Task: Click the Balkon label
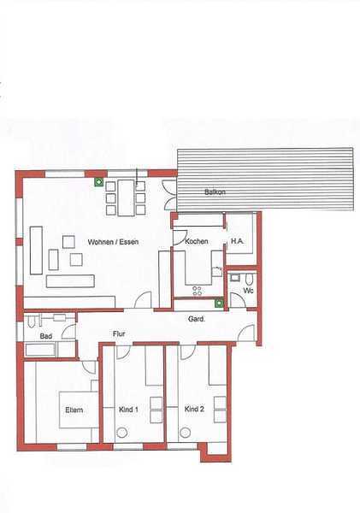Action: (x=215, y=192)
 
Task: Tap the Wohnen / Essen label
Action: (x=113, y=242)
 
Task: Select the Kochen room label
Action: (x=197, y=241)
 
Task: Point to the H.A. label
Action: (x=237, y=241)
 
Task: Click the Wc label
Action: (x=248, y=290)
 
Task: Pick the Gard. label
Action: (x=197, y=319)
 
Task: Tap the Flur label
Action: (x=119, y=333)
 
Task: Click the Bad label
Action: (x=46, y=336)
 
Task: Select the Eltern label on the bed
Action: (x=74, y=410)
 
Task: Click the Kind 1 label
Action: (x=128, y=410)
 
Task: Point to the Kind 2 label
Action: (x=194, y=409)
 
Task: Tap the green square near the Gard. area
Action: (x=219, y=304)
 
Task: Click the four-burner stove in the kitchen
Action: (x=198, y=291)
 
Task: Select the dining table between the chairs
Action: (x=126, y=198)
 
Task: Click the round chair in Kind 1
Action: (x=122, y=433)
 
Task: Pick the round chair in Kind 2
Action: (x=186, y=432)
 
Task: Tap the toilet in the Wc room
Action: (x=250, y=279)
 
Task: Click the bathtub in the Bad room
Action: (x=40, y=350)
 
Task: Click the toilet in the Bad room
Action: (x=32, y=321)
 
